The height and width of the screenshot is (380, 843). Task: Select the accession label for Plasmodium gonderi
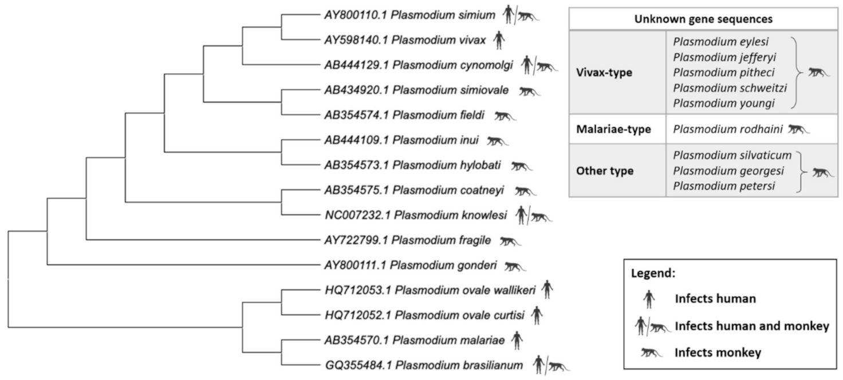pyautogui.click(x=410, y=265)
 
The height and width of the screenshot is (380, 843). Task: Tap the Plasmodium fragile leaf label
pyautogui.click(x=407, y=240)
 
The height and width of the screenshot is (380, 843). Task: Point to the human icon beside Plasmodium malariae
pyautogui.click(x=517, y=340)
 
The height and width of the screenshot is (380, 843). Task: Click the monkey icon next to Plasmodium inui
pyautogui.click(x=497, y=140)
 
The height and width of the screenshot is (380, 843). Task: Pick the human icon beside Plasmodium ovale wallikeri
pyautogui.click(x=547, y=290)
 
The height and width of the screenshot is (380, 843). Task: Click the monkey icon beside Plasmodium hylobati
pyautogui.click(x=521, y=165)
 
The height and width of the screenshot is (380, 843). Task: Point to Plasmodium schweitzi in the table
pyautogui.click(x=730, y=88)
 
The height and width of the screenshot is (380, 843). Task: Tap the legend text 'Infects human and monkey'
pyautogui.click(x=752, y=326)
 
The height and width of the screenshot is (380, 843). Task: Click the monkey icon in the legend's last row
pyautogui.click(x=651, y=352)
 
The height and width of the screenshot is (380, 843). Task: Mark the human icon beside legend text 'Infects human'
pyautogui.click(x=648, y=299)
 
